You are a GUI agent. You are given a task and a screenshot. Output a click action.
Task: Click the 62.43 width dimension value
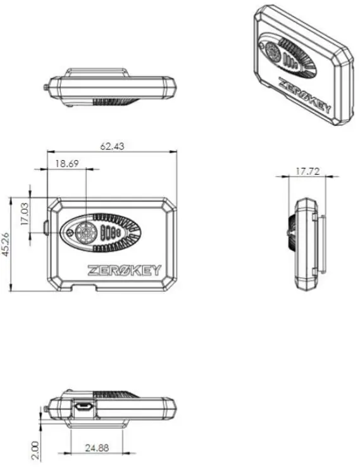click(112, 146)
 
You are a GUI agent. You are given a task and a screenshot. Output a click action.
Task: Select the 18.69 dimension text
click(66, 163)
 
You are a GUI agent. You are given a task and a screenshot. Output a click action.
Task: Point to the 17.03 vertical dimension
click(25, 214)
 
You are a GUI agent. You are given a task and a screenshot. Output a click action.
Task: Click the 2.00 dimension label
click(35, 451)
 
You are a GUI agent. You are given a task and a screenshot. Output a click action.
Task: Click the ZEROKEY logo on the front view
click(124, 270)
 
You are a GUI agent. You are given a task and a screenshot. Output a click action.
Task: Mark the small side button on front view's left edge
click(47, 226)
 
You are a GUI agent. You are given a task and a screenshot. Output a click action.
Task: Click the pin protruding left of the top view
click(48, 85)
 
